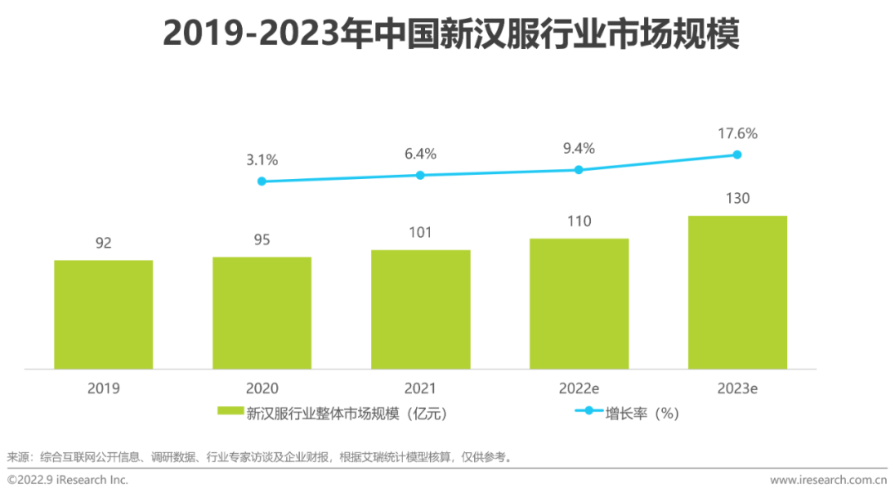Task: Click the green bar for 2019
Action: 104,315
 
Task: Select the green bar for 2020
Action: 262,313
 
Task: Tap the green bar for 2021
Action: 420,310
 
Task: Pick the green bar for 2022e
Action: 579,304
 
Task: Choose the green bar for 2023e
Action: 738,292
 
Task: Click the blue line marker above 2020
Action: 262,181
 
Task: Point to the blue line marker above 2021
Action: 420,175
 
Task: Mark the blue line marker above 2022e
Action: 579,169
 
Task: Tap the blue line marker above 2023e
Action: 738,154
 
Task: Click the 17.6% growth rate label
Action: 738,133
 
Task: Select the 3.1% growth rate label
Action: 262,159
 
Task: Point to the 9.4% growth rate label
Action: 579,148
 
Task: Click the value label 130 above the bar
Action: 738,198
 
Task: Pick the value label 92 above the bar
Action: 104,243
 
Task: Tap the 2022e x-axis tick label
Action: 579,388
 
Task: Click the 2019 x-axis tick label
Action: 104,388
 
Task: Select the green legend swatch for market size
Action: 230,411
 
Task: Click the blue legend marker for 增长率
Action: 588,410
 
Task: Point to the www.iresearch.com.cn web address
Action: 829,480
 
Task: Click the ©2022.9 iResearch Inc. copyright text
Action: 68,480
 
